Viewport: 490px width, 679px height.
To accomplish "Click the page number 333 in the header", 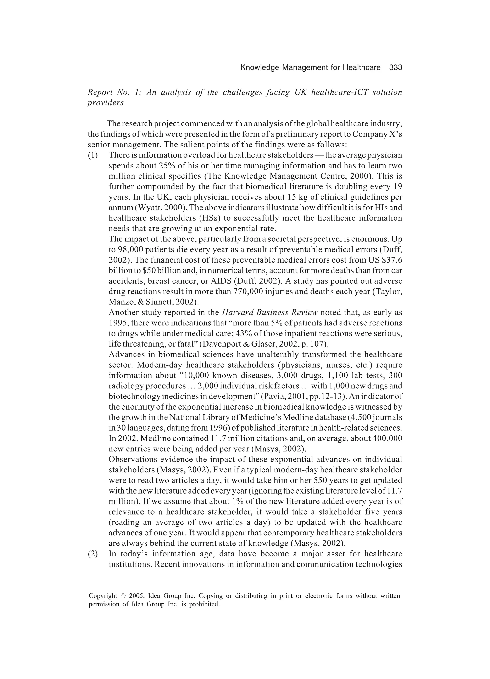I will [395, 68].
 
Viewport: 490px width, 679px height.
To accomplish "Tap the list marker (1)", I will [93, 155].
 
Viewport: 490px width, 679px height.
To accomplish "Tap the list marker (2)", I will [93, 554].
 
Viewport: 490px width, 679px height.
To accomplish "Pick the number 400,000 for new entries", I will [387, 438].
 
